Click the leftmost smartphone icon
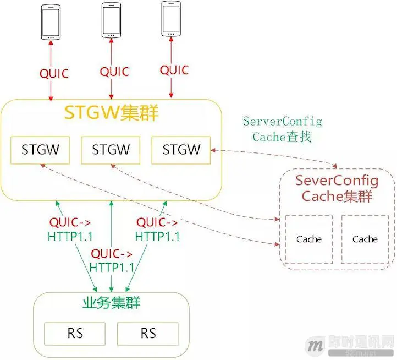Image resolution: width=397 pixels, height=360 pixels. click(51, 24)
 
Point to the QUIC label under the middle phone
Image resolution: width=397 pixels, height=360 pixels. click(114, 72)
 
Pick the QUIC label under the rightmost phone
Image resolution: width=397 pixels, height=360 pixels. click(174, 70)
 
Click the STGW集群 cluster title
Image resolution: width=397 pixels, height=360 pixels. click(112, 113)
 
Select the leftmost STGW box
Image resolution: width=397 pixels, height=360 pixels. click(40, 150)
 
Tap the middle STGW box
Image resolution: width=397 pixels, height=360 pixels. click(111, 150)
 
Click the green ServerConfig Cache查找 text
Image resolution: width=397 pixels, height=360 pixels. click(282, 129)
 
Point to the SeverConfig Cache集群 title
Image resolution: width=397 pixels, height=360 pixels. click(337, 189)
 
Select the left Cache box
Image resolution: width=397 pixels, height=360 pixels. click(308, 238)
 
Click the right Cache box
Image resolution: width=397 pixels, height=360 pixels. click(365, 238)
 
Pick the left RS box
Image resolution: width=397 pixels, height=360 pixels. click(75, 333)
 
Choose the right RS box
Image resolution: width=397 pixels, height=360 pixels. click(147, 333)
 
